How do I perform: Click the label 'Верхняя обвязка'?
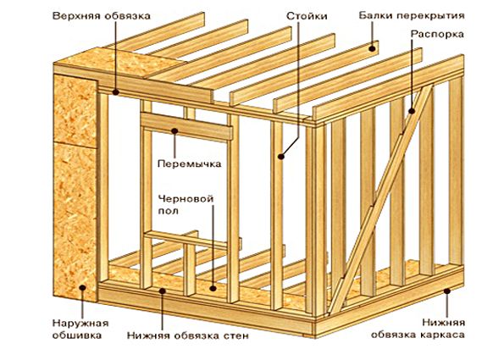(x=102, y=16)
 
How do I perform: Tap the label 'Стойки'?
(x=307, y=16)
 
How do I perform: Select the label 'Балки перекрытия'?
(x=412, y=16)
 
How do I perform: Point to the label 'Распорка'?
(x=437, y=35)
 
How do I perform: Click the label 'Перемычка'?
(x=190, y=164)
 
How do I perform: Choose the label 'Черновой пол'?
(x=186, y=205)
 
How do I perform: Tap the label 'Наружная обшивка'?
(x=80, y=330)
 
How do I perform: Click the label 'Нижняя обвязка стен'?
(x=188, y=336)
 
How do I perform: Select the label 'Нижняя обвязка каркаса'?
(x=418, y=329)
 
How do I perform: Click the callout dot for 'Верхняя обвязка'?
(x=116, y=92)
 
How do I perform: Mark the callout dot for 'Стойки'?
(x=281, y=157)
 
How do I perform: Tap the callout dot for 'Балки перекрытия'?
(x=372, y=49)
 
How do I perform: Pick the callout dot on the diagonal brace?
(x=412, y=111)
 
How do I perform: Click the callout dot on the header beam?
(x=174, y=130)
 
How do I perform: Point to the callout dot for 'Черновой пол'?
(x=213, y=288)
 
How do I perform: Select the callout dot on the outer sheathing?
(x=83, y=288)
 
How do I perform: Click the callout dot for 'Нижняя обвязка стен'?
(x=163, y=291)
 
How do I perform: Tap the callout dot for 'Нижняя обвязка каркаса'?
(x=446, y=291)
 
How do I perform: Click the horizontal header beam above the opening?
(x=186, y=126)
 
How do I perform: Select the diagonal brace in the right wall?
(x=381, y=199)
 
